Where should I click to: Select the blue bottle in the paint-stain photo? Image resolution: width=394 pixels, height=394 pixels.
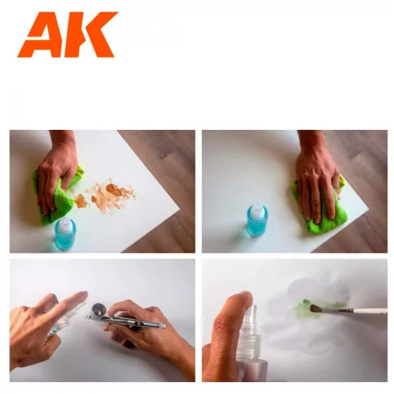pyautogui.click(x=65, y=234)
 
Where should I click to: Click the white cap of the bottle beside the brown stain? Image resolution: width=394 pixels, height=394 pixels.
pyautogui.click(x=64, y=224)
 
